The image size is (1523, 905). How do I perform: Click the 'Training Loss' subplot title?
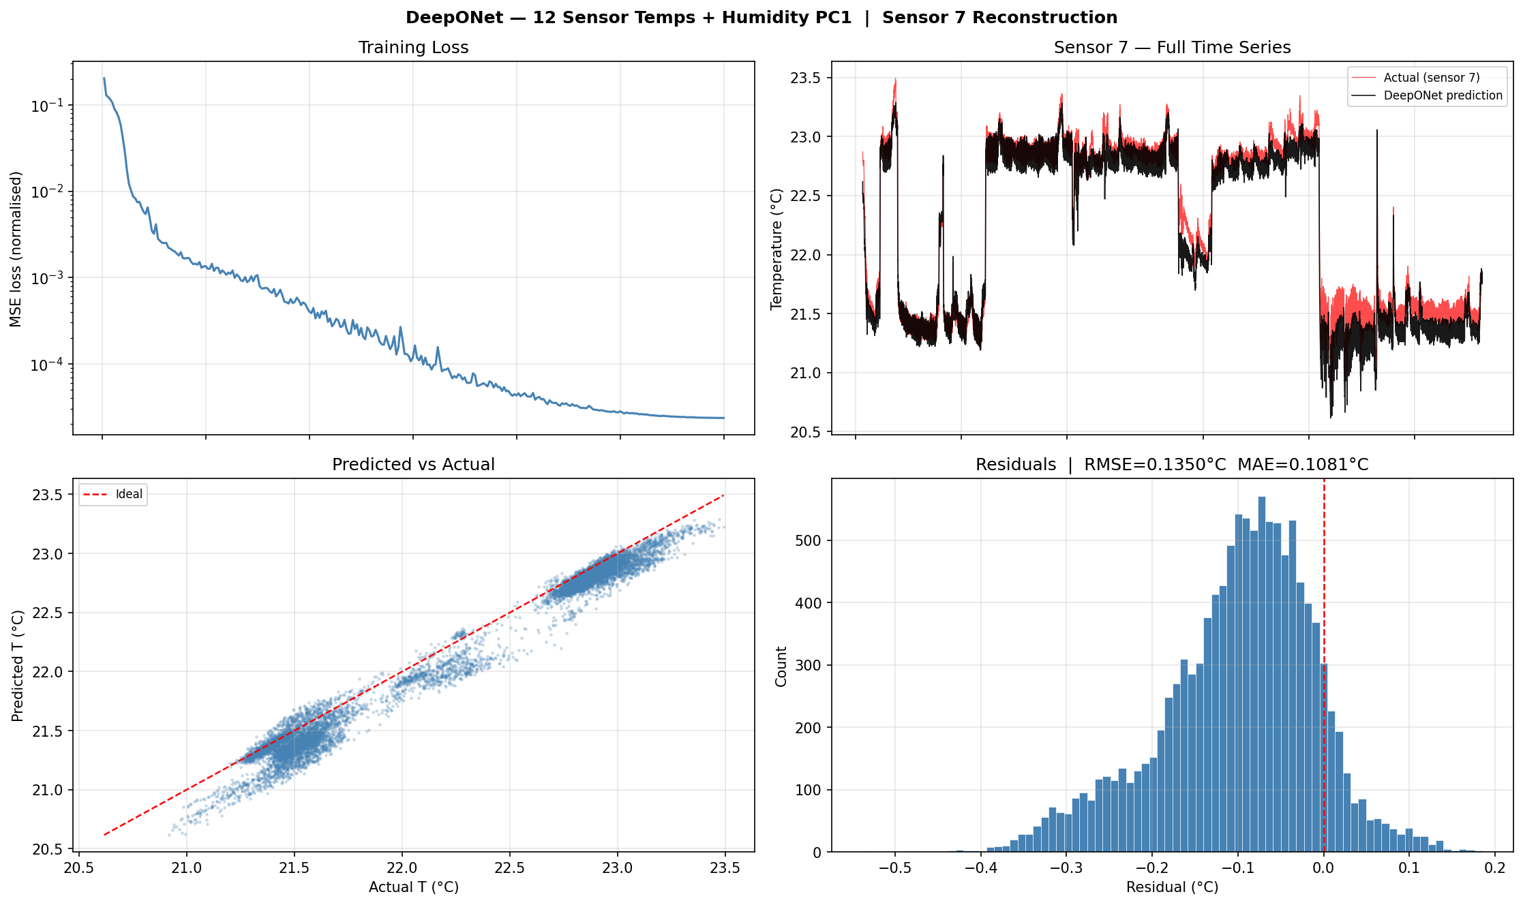[413, 48]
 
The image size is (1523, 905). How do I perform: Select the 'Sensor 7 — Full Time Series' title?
[1172, 48]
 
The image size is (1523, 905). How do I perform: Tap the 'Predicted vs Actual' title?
[413, 465]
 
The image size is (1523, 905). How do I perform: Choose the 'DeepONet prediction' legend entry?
[1443, 95]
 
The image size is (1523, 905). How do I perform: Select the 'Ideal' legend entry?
[129, 494]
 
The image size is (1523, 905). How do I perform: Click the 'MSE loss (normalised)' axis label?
[16, 249]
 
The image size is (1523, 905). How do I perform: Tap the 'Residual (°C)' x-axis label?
[1172, 887]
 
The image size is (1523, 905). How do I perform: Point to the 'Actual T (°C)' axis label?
[413, 887]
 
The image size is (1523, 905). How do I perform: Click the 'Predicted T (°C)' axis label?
[18, 666]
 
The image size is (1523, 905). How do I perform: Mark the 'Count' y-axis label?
[781, 666]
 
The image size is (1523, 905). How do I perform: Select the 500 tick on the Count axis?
[809, 540]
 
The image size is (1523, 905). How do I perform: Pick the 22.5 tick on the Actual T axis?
[509, 868]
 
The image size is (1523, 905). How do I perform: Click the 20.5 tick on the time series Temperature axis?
[805, 432]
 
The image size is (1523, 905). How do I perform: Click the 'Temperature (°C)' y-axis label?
[776, 249]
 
